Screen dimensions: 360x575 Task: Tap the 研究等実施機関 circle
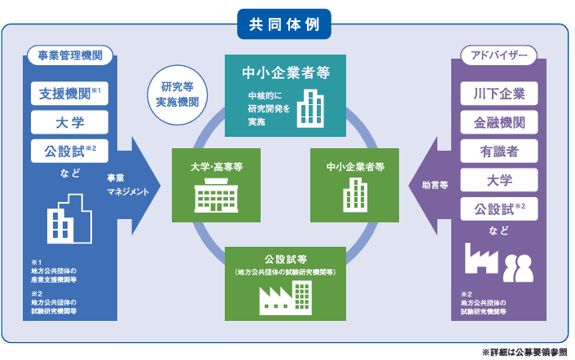178,95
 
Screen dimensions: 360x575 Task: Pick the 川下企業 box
498,93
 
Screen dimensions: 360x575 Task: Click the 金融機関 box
498,122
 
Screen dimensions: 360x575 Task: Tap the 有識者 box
498,151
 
